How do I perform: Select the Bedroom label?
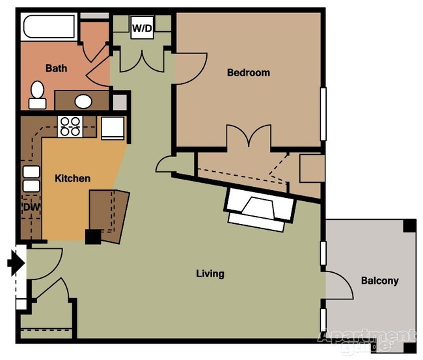(x=248, y=72)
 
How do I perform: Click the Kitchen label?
(x=72, y=178)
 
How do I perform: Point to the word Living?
(x=210, y=273)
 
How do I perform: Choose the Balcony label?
(x=379, y=281)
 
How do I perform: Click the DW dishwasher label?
(x=30, y=207)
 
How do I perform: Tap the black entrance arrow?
(x=16, y=264)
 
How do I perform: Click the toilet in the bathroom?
(x=37, y=94)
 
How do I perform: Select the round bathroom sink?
(x=83, y=101)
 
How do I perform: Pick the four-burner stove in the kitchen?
(x=70, y=125)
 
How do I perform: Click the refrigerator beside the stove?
(x=111, y=127)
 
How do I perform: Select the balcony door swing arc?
(x=340, y=286)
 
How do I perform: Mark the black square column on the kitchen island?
(x=92, y=237)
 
